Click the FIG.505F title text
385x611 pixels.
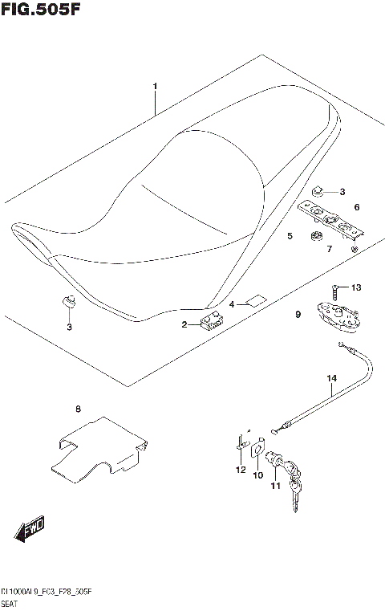[42, 9]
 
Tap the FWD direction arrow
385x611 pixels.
[29, 530]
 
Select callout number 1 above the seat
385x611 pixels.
[155, 86]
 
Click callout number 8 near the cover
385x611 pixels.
[78, 410]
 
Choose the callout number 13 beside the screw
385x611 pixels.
[357, 287]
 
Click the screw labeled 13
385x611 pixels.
[334, 288]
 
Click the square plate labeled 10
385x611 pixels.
[259, 448]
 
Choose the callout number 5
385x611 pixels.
[290, 236]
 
